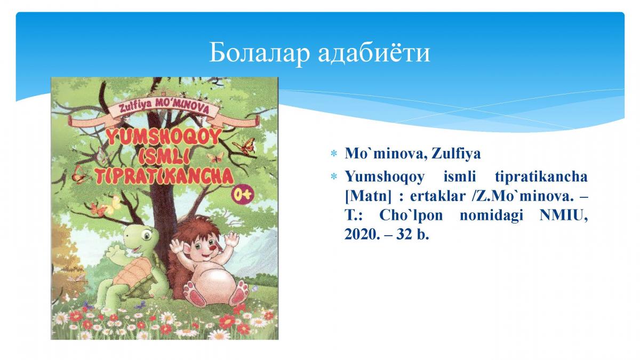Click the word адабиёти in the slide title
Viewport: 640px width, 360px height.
374,52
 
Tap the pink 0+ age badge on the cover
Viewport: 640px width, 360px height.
243,195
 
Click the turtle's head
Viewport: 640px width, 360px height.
141,237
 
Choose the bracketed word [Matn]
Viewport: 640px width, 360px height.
367,197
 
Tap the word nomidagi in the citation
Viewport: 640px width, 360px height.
491,215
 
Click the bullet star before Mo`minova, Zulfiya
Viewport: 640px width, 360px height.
333,154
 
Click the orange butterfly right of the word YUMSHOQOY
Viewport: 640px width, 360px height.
244,146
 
